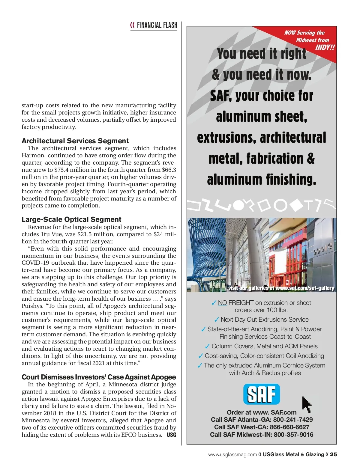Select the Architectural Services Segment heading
coord(75,141)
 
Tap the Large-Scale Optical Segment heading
coord(71,219)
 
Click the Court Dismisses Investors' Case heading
coord(99,377)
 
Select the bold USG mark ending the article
coord(171,435)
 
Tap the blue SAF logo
coord(261,394)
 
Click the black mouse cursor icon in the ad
coord(306,404)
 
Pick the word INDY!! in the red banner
coord(325,48)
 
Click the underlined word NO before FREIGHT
coord(222,303)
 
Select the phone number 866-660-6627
coord(289,427)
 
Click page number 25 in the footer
coord(333,454)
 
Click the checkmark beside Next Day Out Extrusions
coord(217,320)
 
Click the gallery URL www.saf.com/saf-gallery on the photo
coord(304,288)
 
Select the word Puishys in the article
coord(32,306)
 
